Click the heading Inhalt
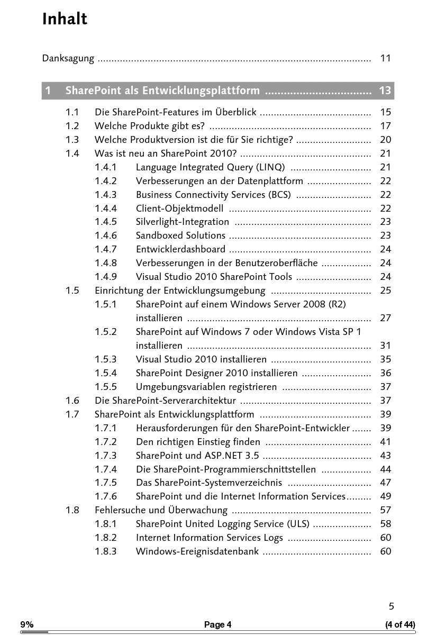click(65, 19)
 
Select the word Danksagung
click(68, 58)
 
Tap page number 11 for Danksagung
click(385, 58)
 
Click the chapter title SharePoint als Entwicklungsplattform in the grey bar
click(162, 90)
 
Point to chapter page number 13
click(385, 90)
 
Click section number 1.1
click(72, 112)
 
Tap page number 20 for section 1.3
click(385, 140)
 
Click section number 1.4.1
click(106, 167)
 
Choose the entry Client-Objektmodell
click(179, 208)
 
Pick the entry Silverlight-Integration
click(183, 222)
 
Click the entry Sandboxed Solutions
click(180, 236)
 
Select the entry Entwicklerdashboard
click(180, 249)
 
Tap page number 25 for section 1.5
click(385, 291)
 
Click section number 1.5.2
click(106, 332)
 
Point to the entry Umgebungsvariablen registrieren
click(206, 387)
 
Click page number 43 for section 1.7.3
click(385, 456)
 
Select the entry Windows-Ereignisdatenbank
click(197, 551)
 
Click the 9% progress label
click(27, 625)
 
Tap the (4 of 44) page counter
click(400, 625)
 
